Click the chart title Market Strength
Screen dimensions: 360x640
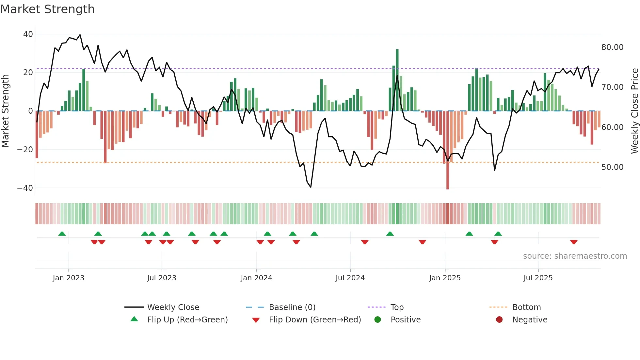coord(47,9)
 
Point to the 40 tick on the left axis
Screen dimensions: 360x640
coord(28,34)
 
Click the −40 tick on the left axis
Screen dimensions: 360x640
coord(25,188)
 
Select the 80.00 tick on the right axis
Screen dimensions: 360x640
coord(612,47)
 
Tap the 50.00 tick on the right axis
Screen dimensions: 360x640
coord(612,167)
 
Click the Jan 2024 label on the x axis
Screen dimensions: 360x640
coord(256,278)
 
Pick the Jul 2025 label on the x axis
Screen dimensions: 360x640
coord(538,278)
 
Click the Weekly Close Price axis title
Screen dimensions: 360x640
coord(634,111)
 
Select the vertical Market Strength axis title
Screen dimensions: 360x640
coord(6,111)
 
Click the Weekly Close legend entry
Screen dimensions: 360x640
coord(173,307)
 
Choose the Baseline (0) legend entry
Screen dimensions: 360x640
coord(292,307)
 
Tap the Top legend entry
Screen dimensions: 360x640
coord(397,307)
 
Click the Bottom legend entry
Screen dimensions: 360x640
coord(526,307)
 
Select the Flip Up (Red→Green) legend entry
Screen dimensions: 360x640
coord(187,320)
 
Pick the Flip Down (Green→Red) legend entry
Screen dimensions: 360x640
coord(315,320)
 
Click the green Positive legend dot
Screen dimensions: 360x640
coord(378,320)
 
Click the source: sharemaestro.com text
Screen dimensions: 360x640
coord(575,256)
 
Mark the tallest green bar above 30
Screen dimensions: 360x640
coord(397,80)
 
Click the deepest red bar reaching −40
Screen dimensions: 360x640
coord(448,150)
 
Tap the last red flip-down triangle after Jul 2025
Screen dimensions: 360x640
coord(574,242)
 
